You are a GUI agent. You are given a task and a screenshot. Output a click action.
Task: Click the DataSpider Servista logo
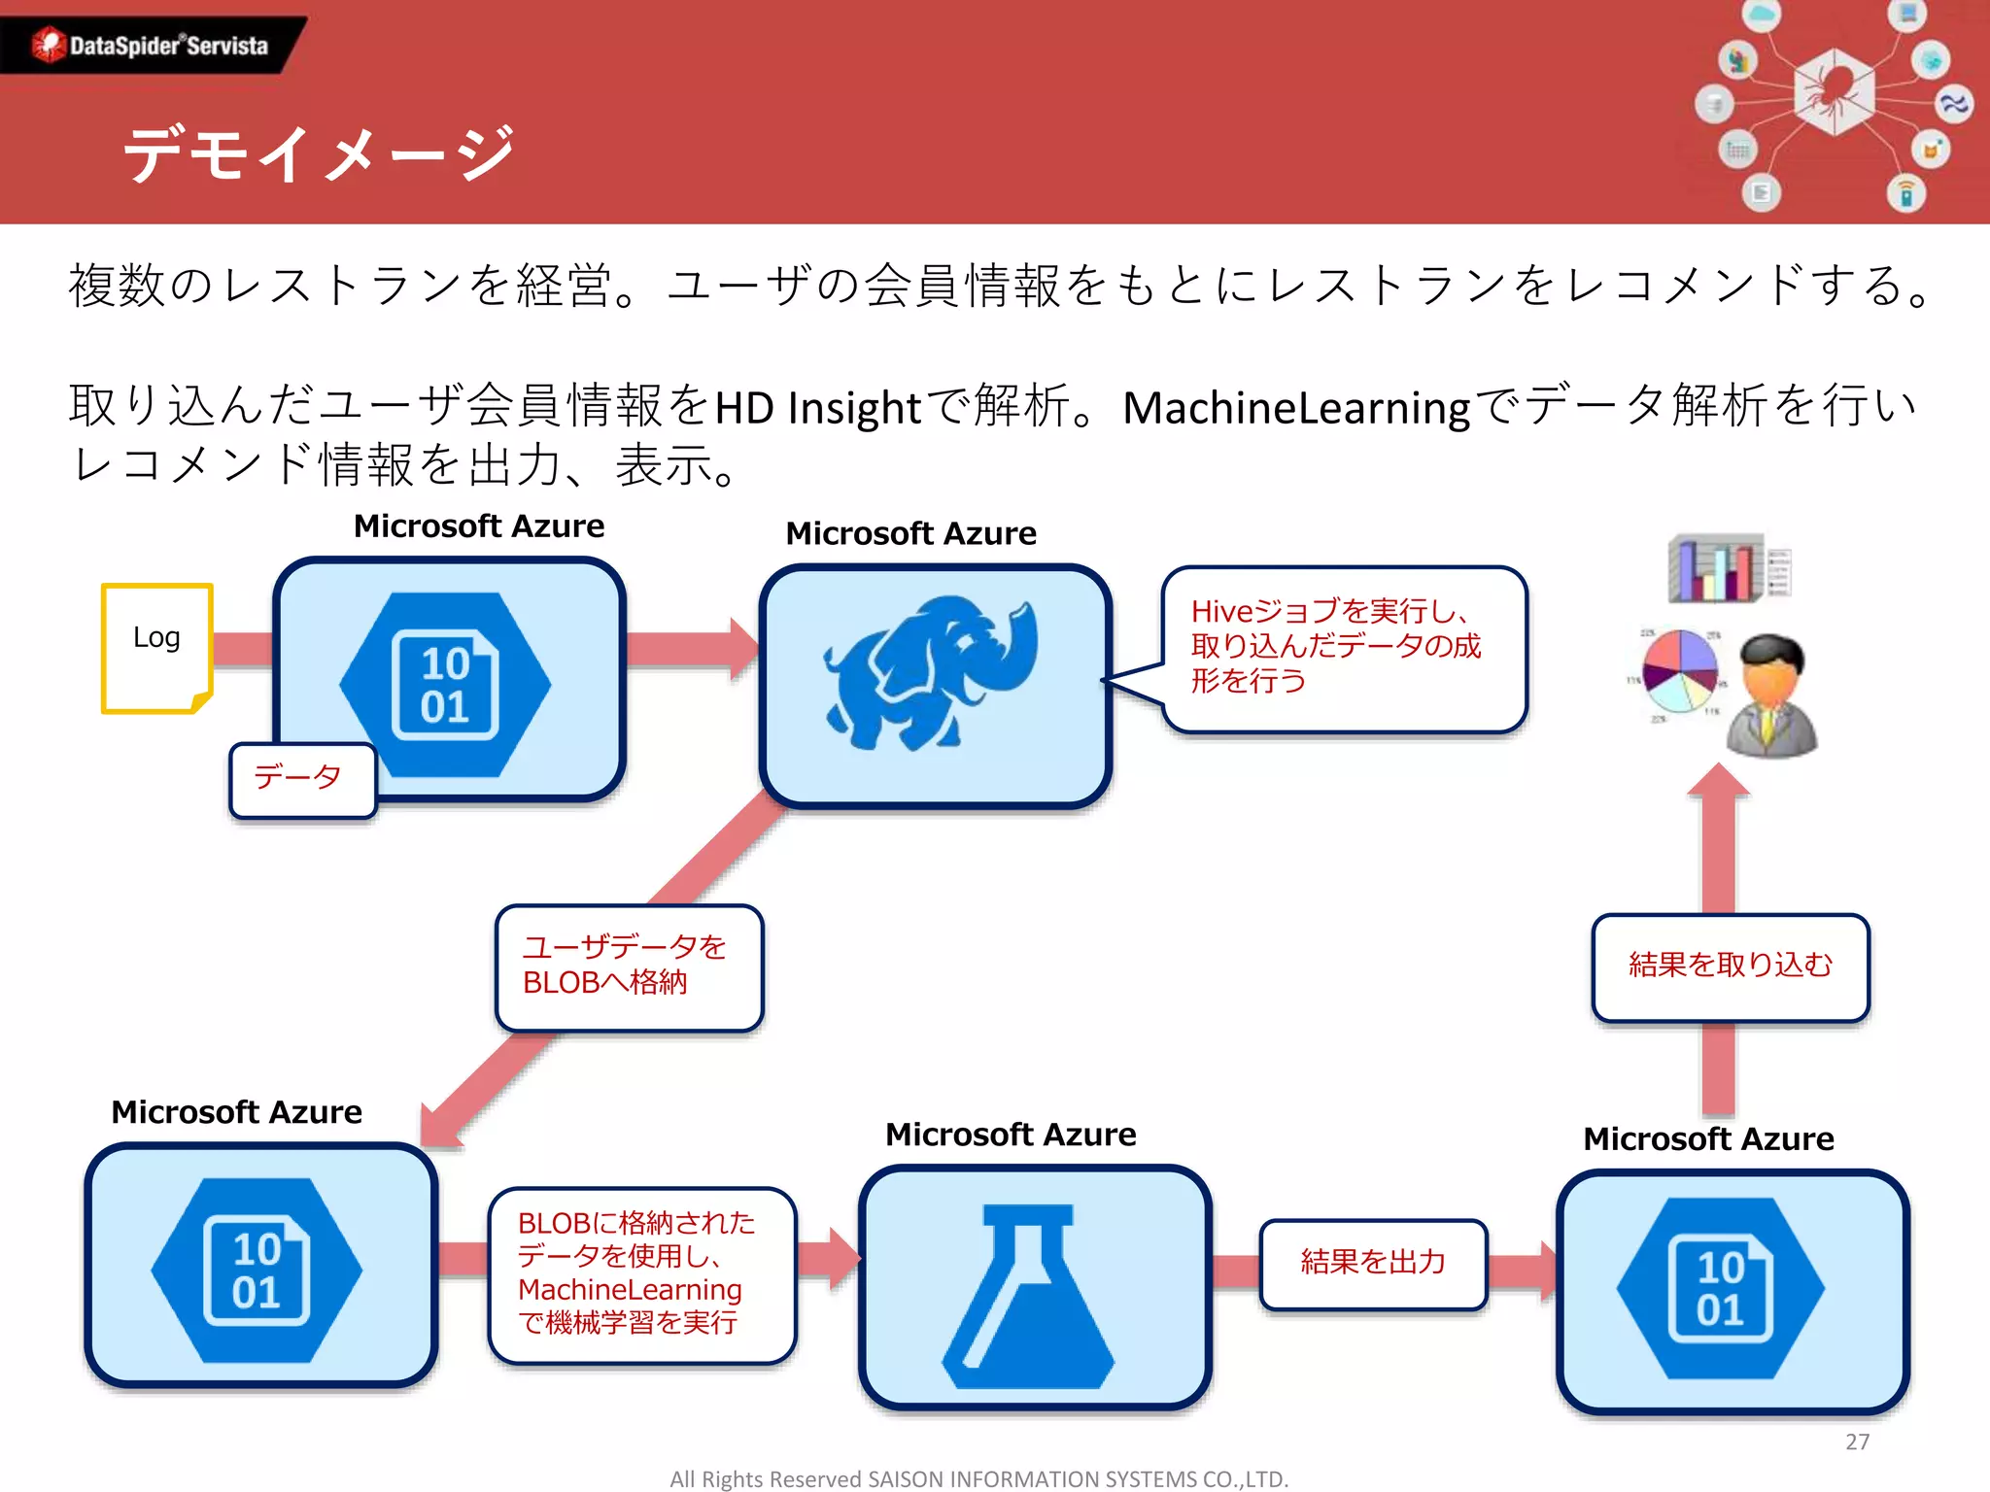pos(151,45)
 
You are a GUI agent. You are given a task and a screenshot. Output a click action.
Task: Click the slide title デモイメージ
pos(318,153)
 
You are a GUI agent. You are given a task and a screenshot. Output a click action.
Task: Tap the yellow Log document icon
pos(156,648)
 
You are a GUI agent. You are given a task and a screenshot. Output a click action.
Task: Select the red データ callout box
pos(302,779)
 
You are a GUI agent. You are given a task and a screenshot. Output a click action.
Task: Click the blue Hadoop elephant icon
pos(931,673)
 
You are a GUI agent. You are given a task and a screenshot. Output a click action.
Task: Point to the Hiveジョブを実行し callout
pos(1343,648)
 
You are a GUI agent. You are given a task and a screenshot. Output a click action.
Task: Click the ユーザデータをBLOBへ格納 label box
pos(629,966)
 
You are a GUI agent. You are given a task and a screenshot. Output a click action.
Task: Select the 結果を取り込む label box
pos(1730,966)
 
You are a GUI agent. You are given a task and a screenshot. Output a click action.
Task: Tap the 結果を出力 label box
pos(1372,1263)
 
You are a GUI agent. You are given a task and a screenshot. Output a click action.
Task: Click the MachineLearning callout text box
pos(640,1273)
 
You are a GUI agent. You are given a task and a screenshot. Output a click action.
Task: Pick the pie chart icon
pos(1679,670)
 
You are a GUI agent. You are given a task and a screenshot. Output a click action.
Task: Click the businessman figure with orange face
pos(1771,696)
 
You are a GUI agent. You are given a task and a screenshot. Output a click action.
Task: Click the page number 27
pos(1857,1441)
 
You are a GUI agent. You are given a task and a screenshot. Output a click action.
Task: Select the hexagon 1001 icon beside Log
pos(445,685)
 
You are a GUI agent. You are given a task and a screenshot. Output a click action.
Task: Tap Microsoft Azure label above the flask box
pos(1011,1135)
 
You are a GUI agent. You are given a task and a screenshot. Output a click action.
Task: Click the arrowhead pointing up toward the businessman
pos(1718,783)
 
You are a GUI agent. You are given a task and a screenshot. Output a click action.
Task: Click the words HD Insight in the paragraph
pos(817,409)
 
